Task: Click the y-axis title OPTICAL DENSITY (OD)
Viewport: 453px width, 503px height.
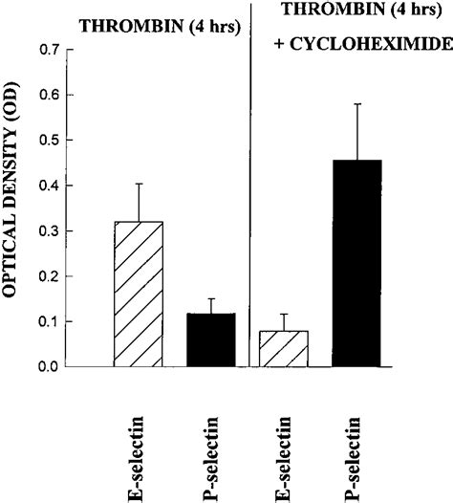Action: click(14, 209)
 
